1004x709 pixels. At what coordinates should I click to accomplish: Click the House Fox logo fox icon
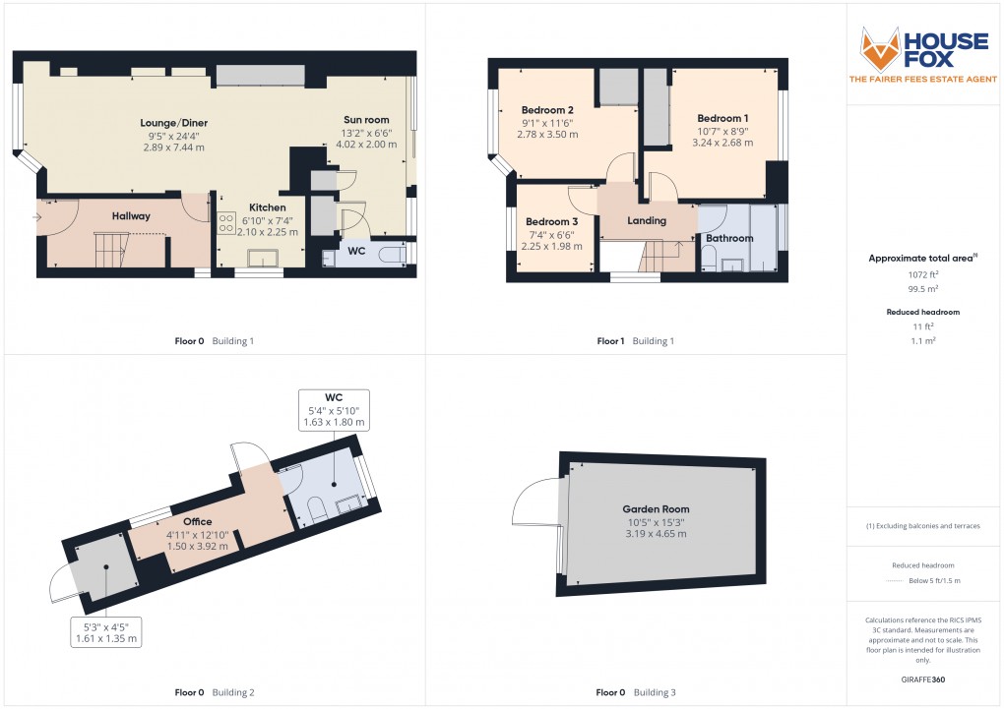coord(880,48)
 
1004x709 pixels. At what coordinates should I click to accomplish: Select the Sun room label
coord(366,120)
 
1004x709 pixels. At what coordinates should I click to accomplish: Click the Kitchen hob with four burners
coord(226,223)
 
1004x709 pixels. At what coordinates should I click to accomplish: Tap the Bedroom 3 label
coord(551,222)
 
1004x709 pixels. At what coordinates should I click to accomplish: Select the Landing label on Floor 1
coord(647,220)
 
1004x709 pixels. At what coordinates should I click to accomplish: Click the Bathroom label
coord(728,238)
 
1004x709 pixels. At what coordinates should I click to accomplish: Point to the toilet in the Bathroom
coord(709,258)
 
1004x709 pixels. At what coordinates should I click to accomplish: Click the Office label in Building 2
coord(197,521)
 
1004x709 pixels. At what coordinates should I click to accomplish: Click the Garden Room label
coord(655,509)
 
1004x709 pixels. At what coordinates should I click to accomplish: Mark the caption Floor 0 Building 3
coord(636,692)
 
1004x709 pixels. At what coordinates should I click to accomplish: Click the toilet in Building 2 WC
coord(317,508)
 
